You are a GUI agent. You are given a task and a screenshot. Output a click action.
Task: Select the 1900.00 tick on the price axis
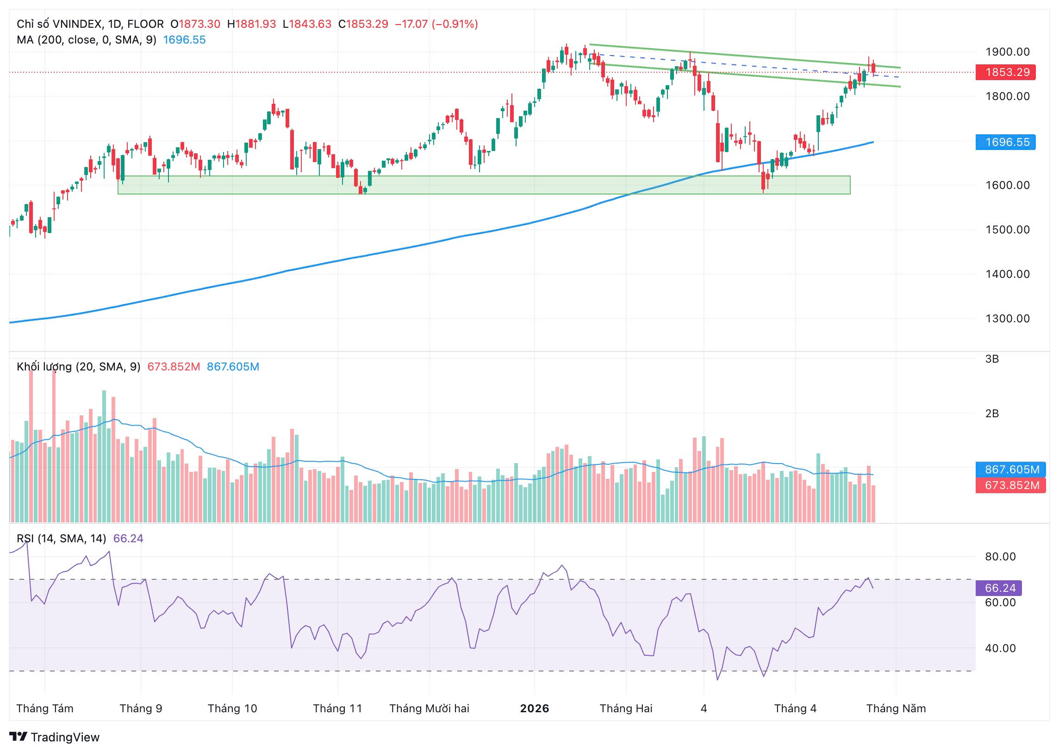(x=1007, y=52)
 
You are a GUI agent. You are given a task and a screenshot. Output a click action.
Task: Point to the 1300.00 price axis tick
(x=1007, y=319)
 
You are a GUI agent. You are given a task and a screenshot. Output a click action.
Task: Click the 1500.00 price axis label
(x=1007, y=230)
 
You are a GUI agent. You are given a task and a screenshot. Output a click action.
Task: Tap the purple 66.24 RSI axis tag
(x=998, y=588)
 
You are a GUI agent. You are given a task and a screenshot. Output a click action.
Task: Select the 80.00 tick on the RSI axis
(x=1000, y=556)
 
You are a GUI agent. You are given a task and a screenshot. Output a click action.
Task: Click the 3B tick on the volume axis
(x=992, y=359)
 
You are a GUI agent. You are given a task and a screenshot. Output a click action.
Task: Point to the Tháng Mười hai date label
(x=429, y=709)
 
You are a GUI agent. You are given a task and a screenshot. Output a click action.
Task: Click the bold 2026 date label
(x=535, y=709)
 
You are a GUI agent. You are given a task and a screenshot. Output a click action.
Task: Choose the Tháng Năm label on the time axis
(x=896, y=709)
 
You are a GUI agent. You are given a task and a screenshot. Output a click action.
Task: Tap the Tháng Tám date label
(x=45, y=709)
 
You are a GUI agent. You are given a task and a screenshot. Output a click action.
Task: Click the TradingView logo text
(x=65, y=737)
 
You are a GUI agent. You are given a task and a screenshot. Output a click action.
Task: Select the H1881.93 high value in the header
(x=251, y=24)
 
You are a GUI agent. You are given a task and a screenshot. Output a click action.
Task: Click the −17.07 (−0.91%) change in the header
(x=436, y=24)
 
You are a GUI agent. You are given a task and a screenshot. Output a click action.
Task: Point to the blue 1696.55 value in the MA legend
(x=184, y=40)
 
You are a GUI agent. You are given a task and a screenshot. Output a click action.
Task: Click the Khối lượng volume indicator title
(x=78, y=367)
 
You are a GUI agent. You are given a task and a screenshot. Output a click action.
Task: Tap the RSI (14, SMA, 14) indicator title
(x=61, y=538)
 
